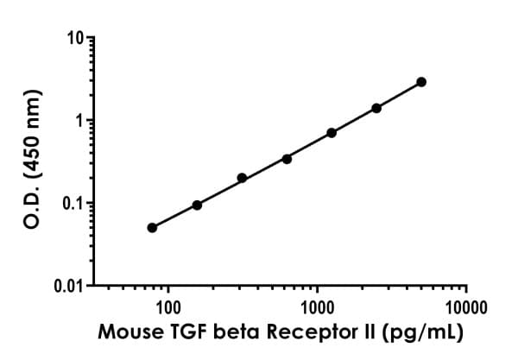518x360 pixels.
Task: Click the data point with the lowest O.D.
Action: click(x=152, y=228)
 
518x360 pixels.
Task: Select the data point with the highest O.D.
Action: click(x=421, y=82)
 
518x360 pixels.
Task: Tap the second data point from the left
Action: click(x=197, y=205)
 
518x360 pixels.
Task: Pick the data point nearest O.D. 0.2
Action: click(x=242, y=178)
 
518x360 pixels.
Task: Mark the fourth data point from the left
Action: click(x=287, y=158)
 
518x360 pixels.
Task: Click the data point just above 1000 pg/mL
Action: click(x=332, y=132)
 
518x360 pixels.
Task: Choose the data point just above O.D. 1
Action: click(x=376, y=108)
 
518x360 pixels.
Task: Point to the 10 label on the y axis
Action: click(x=75, y=39)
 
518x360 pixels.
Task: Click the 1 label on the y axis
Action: click(x=79, y=121)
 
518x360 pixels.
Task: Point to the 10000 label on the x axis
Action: click(x=466, y=307)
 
